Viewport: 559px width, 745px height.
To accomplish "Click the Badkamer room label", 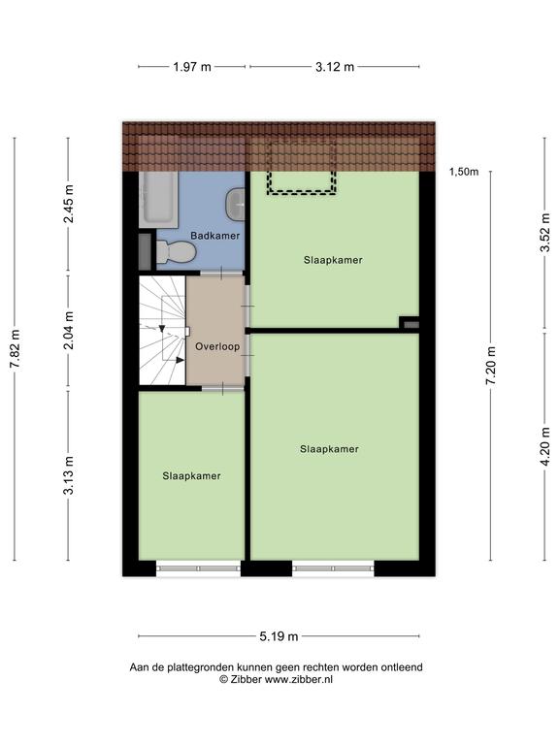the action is [214, 236].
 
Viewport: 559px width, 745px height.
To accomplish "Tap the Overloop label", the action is [217, 347].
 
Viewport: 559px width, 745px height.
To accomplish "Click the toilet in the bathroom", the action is [176, 252].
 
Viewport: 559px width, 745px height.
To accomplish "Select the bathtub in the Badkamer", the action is [158, 199].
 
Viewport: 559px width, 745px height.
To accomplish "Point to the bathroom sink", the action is [235, 205].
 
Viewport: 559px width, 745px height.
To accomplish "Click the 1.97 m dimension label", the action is [192, 67].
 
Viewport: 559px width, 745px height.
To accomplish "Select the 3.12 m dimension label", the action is [335, 67].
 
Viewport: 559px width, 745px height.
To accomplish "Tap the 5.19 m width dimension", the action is [279, 636].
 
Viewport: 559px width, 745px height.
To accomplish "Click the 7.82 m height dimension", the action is [15, 349].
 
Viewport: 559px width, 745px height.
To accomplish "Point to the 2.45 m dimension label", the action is [69, 204].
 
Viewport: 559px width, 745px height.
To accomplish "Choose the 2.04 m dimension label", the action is [69, 330].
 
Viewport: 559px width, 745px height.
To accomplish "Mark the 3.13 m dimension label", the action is [69, 475].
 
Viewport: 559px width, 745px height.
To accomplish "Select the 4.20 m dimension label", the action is [545, 446].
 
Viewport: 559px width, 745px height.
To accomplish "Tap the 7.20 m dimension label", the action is [491, 366].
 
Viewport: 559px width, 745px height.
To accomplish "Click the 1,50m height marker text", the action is [464, 172].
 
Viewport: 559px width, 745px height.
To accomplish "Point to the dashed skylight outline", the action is [302, 192].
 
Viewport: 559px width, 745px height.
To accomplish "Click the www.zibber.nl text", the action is [299, 679].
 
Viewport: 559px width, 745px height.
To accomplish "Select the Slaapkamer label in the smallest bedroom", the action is [191, 476].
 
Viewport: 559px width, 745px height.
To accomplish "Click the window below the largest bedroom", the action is [333, 568].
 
